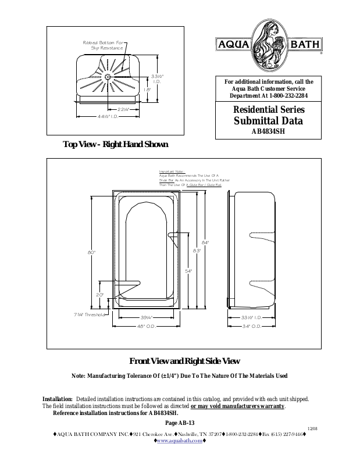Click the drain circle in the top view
point(108,76)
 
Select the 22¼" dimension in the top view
point(124,109)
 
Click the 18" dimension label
point(148,90)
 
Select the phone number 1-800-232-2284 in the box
point(293,95)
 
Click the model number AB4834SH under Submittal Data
point(268,131)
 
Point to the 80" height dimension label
point(91,252)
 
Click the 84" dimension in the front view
point(205,242)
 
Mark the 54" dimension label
point(188,271)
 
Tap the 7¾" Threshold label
point(89,314)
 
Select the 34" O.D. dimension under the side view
point(251,326)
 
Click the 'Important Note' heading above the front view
point(172,171)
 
